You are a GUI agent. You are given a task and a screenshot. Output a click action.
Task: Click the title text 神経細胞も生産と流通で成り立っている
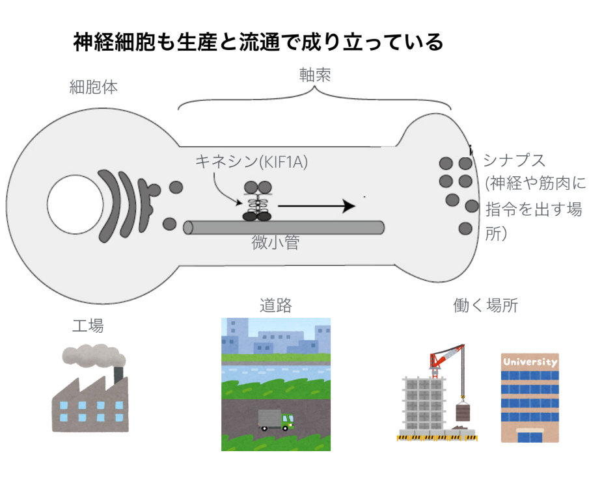tap(258, 43)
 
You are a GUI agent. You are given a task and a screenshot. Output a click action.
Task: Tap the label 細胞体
tap(94, 86)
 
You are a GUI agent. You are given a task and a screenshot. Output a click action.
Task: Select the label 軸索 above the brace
tap(315, 75)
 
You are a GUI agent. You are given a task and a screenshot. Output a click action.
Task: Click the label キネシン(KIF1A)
tap(252, 162)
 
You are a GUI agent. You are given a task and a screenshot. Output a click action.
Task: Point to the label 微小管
tap(275, 243)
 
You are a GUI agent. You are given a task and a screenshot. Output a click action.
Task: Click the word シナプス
tap(514, 160)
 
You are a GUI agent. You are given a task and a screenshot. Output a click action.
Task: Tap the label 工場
tap(87, 325)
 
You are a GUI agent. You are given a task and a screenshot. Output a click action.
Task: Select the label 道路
tap(275, 305)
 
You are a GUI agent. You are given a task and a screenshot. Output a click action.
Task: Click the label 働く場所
tap(486, 305)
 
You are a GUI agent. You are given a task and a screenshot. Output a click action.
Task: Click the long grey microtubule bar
tap(283, 228)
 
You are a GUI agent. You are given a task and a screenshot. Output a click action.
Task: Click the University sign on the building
tap(530, 362)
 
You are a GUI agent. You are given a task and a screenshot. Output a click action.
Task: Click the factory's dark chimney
tap(118, 375)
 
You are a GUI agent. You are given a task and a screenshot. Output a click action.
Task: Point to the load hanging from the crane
tap(463, 411)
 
